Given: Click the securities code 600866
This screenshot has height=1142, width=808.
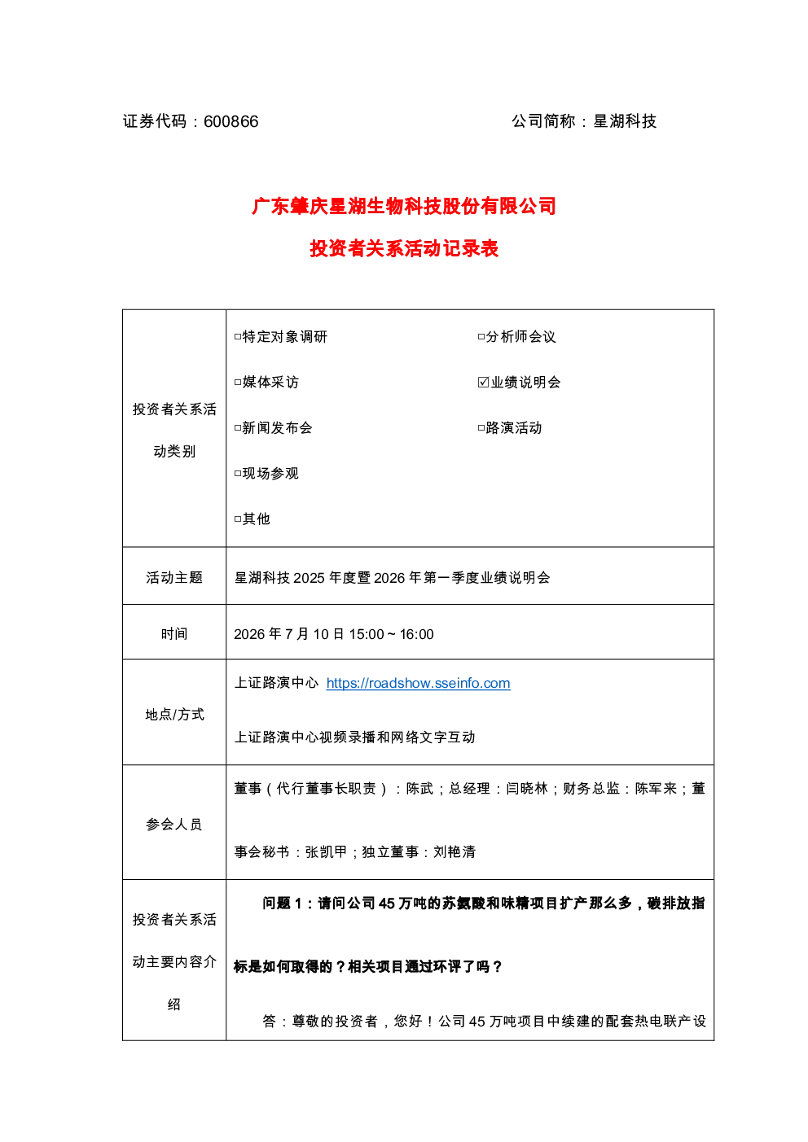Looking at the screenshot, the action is click(231, 122).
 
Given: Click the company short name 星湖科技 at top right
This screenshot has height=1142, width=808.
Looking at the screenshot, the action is click(625, 121).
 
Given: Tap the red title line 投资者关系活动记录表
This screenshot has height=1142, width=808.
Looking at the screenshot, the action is click(404, 249).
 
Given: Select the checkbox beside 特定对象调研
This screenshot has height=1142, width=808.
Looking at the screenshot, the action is click(238, 337).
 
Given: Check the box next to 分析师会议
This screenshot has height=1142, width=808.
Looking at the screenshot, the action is click(481, 337).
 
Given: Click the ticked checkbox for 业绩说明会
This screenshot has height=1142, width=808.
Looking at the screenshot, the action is click(483, 383).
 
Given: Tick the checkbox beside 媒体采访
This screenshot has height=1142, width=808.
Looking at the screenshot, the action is click(238, 383).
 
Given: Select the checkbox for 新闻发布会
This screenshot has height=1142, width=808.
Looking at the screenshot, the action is click(238, 428).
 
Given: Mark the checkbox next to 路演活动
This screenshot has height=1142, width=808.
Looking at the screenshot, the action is click(481, 428).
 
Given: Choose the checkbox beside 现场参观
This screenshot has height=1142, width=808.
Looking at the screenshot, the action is click(238, 474).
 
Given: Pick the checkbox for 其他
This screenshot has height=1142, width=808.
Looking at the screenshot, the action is click(238, 519).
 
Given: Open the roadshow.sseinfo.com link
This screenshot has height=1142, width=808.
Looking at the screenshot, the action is click(419, 683).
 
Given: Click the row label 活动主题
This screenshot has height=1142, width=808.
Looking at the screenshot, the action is click(174, 578).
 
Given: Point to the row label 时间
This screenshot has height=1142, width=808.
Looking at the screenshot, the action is click(174, 634).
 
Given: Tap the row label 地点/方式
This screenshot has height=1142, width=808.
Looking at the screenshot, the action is click(174, 715).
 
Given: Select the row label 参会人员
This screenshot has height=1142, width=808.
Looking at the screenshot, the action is click(174, 825).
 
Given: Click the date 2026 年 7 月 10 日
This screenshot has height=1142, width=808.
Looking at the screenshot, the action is click(289, 634).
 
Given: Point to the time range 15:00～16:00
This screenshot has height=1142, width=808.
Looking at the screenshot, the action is click(391, 634).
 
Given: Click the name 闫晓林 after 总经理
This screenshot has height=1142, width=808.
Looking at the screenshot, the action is click(527, 789).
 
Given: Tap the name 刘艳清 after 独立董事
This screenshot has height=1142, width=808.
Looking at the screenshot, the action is click(455, 852).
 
